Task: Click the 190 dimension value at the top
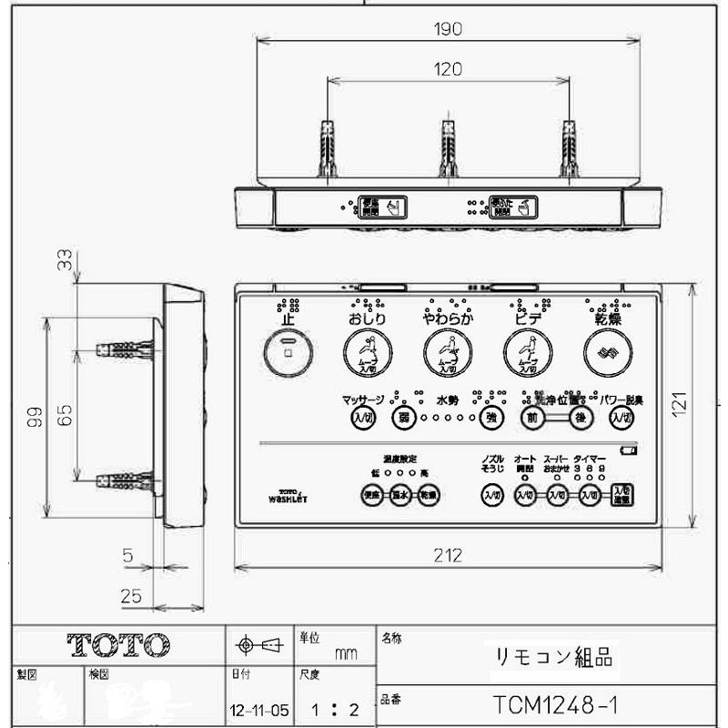448,28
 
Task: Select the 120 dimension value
448,68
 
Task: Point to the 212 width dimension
448,555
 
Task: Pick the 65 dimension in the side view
64,416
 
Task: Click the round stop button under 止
288,351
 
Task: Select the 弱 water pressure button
403,418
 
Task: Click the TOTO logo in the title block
118,644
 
